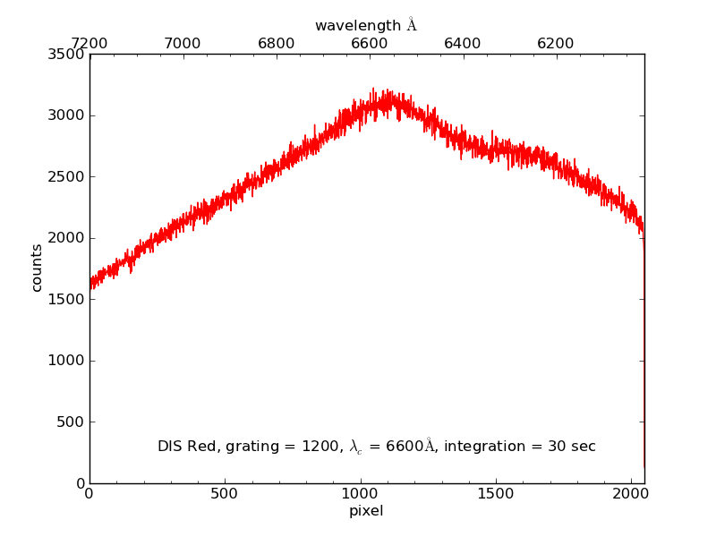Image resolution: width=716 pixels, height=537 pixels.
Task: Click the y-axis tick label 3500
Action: coord(67,54)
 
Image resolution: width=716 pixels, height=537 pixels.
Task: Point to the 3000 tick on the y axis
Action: coord(67,115)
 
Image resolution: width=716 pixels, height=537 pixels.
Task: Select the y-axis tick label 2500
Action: coord(67,176)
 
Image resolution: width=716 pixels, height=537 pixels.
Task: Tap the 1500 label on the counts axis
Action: coord(67,299)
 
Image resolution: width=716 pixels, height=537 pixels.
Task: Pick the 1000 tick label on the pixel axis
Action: coord(360,494)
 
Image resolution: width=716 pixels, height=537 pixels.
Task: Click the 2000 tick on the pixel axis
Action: coord(631,494)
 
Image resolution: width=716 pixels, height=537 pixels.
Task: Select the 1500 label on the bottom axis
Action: coord(496,494)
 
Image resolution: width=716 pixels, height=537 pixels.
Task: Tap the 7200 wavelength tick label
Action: coord(89,43)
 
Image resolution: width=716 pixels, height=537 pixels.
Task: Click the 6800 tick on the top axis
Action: coord(276,43)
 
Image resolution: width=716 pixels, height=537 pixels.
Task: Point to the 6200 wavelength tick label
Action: coord(555,43)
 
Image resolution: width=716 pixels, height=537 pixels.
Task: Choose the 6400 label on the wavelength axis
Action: coord(462,43)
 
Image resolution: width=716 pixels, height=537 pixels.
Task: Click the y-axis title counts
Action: coord(37,268)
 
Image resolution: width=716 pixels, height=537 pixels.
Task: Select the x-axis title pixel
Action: coord(366,512)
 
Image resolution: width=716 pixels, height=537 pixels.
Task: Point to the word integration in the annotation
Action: coord(499,446)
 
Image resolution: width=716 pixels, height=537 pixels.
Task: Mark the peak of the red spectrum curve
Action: coord(374,89)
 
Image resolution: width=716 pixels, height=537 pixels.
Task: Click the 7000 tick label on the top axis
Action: coord(183,43)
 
